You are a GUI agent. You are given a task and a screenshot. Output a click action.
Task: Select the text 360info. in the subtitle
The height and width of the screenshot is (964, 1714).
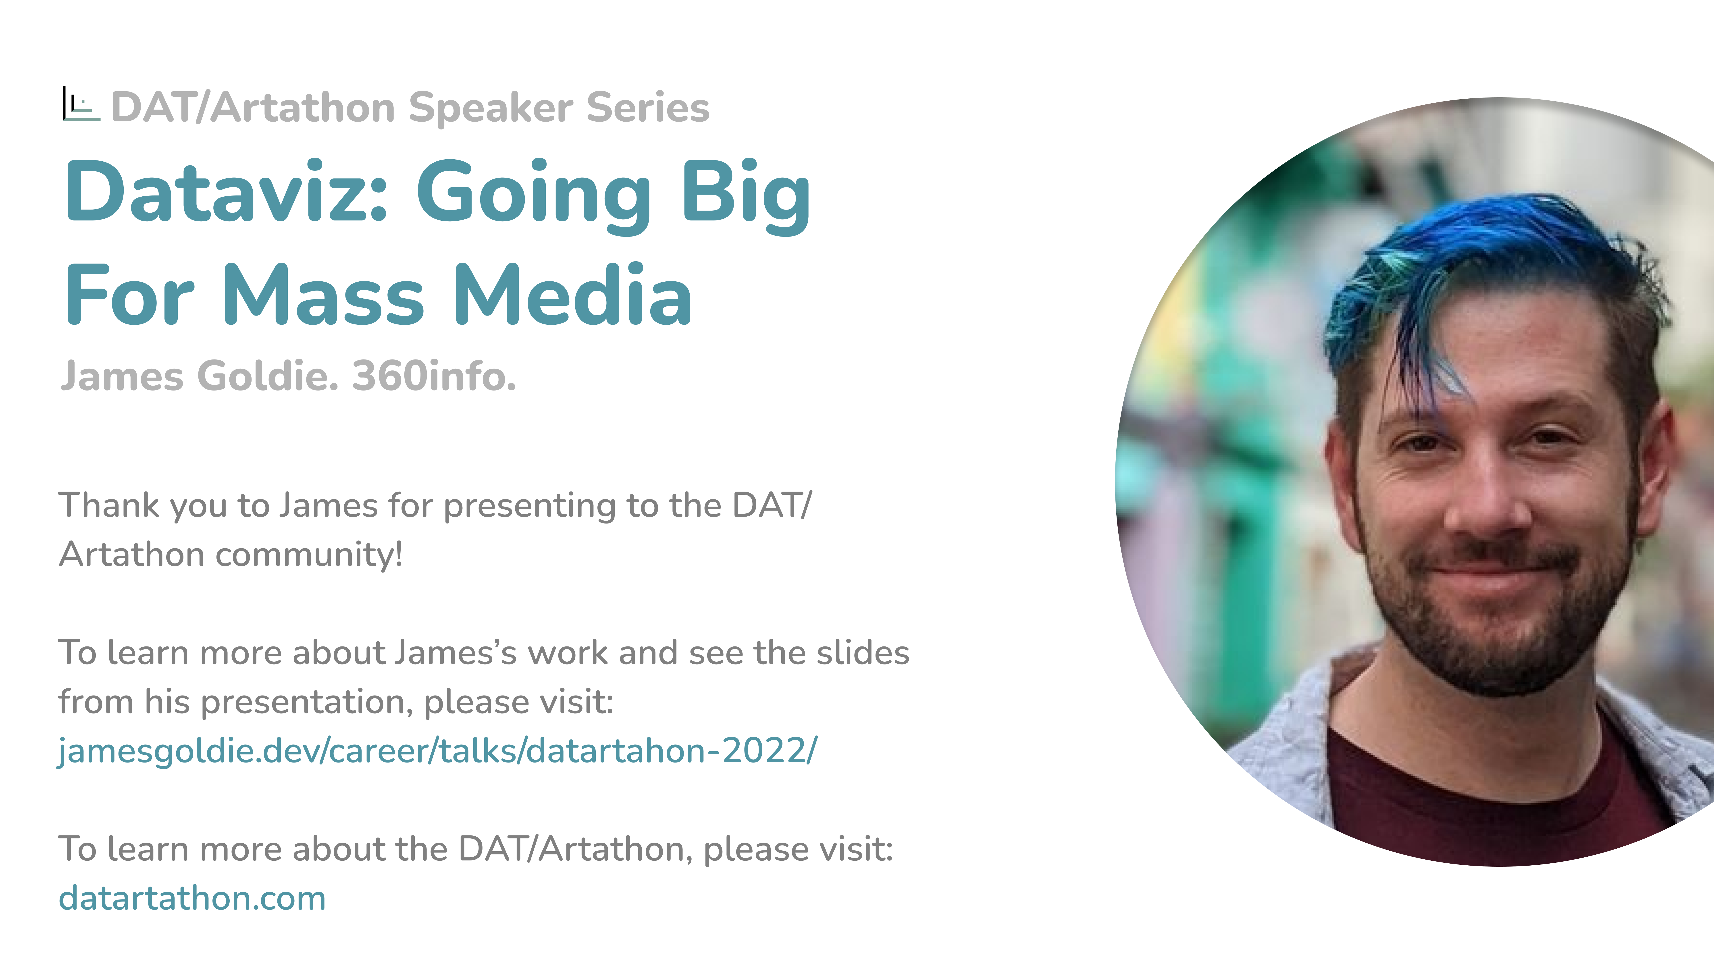pyautogui.click(x=434, y=376)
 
